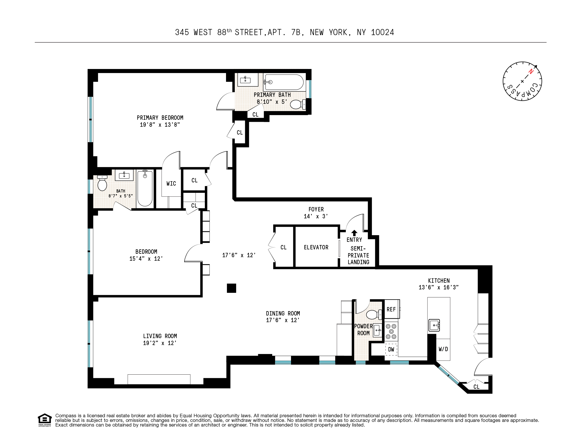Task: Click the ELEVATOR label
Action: (316, 247)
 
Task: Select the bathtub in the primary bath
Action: (284, 82)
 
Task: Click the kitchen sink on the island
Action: (434, 325)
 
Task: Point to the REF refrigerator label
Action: (391, 309)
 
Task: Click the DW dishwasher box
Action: (391, 349)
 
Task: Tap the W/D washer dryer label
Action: (443, 349)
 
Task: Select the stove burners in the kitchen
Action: (391, 331)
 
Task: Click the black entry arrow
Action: (354, 233)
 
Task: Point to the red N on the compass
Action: (531, 71)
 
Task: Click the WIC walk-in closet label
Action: (171, 184)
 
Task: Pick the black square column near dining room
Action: (232, 288)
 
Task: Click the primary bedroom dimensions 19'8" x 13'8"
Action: (160, 125)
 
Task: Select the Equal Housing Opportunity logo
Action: (45, 420)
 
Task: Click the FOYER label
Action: (316, 209)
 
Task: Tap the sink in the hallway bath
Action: (124, 175)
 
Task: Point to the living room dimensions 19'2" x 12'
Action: (160, 343)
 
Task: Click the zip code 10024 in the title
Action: (382, 32)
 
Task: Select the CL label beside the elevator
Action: (283, 247)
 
